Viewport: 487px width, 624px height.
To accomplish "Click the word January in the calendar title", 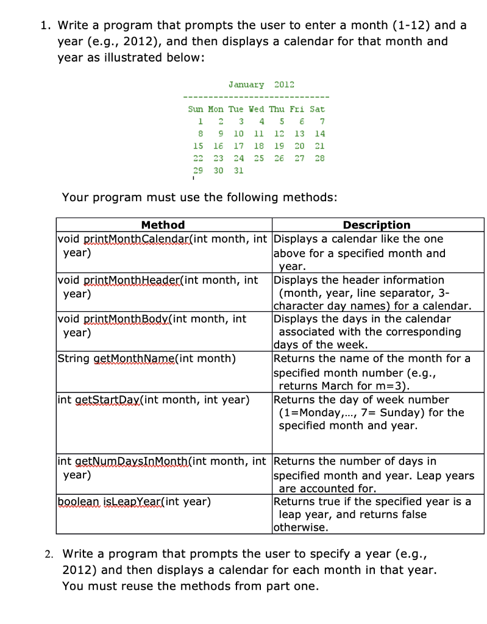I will (246, 85).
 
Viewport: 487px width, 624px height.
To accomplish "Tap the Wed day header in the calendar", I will (257, 109).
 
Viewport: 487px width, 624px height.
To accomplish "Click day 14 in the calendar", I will (319, 133).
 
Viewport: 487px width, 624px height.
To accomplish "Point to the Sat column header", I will (317, 109).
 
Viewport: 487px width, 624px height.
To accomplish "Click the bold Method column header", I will (163, 225).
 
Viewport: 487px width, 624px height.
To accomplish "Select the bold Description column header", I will (377, 225).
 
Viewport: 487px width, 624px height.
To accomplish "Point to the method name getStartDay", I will (121, 400).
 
